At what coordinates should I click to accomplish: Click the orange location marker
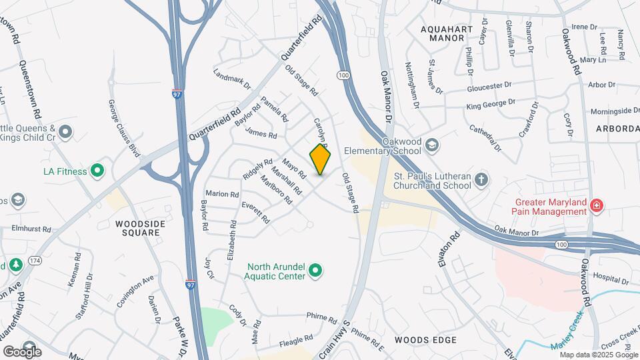[321, 160]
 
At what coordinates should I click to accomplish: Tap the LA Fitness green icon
[97, 171]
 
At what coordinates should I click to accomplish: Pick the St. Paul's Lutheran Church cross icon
[481, 179]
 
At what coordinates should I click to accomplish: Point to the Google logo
[21, 351]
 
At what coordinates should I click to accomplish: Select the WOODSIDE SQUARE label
[137, 228]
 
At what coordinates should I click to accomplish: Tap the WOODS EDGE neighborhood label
[425, 340]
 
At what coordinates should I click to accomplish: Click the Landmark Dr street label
[231, 79]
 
